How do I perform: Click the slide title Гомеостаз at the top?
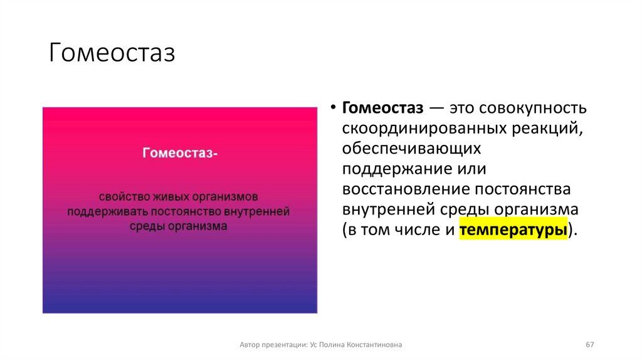(x=112, y=53)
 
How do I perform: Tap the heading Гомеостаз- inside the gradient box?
(x=180, y=153)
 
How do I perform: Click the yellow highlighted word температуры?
(x=513, y=230)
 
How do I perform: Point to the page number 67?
(x=589, y=345)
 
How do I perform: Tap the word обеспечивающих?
(x=411, y=149)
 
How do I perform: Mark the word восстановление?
(x=406, y=189)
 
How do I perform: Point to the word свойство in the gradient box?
(x=124, y=196)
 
